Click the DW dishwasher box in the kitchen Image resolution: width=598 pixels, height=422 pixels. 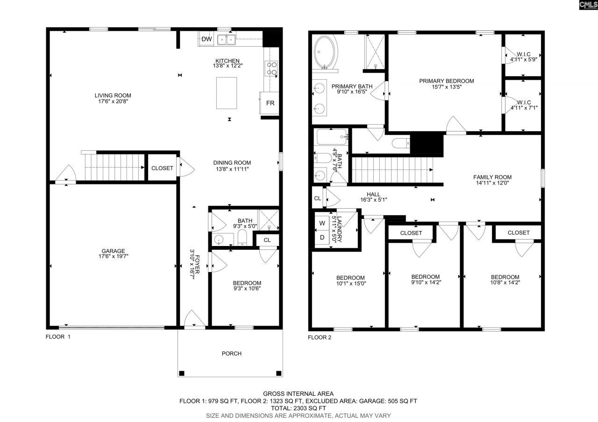click(x=206, y=40)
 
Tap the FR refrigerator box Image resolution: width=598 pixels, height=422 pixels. click(x=270, y=103)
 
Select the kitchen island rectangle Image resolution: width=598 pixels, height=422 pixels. click(x=227, y=93)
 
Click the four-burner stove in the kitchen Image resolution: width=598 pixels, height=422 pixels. click(x=271, y=69)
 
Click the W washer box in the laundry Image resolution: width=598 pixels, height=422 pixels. click(x=322, y=223)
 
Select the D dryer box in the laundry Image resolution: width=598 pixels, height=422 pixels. click(x=322, y=237)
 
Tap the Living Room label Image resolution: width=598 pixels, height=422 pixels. click(x=113, y=95)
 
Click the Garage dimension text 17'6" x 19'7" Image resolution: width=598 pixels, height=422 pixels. click(x=113, y=256)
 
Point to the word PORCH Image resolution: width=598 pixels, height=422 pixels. click(x=231, y=353)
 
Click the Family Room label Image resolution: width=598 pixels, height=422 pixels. click(x=492, y=177)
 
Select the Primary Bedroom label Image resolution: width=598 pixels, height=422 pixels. click(x=446, y=81)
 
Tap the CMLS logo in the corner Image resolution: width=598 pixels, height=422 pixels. click(x=588, y=5)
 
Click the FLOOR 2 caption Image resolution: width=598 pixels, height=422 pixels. click(x=320, y=337)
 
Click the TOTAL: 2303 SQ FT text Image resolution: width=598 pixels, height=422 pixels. click(x=299, y=408)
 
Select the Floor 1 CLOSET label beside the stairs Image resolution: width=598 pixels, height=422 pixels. click(x=162, y=168)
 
